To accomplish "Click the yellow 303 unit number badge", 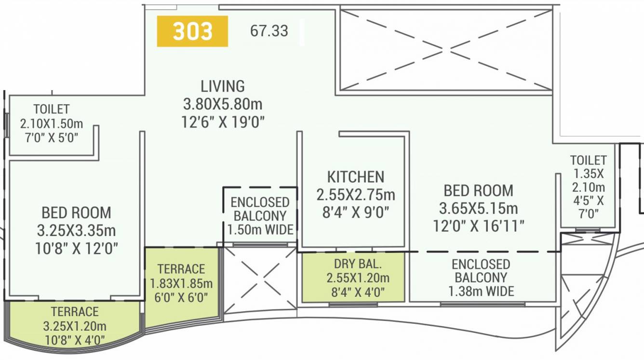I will click(x=192, y=31).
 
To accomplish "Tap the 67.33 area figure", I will click(x=269, y=31).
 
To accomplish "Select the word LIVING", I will click(x=223, y=87).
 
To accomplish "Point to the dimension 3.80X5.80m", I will click(x=223, y=104).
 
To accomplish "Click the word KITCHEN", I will click(x=356, y=177).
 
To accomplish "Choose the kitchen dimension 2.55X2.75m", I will click(x=356, y=195).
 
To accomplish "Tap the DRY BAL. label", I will click(x=358, y=264).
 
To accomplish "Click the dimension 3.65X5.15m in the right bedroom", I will click(x=478, y=209).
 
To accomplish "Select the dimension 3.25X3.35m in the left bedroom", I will click(x=76, y=230).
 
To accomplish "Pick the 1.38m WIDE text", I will click(x=481, y=291).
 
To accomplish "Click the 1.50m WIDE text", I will click(x=260, y=230).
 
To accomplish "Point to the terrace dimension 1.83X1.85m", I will click(x=181, y=283).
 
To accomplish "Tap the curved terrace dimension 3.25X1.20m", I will click(x=75, y=326).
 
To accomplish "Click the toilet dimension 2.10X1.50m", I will click(x=51, y=123).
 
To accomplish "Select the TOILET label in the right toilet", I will click(x=588, y=160).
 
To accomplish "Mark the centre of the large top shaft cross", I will click(x=446, y=49).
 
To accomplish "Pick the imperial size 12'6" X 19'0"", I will click(x=223, y=122).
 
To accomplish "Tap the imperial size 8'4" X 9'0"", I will click(x=356, y=212).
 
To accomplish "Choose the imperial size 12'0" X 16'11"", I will click(x=478, y=226).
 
